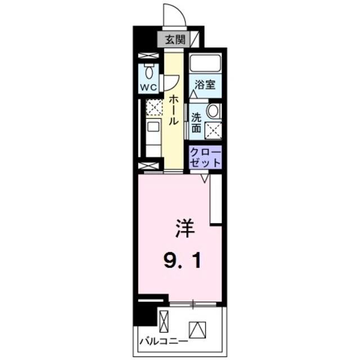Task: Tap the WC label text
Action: click(x=148, y=87)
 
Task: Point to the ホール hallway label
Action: click(x=174, y=110)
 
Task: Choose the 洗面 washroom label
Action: click(x=196, y=123)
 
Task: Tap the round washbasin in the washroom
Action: click(x=214, y=110)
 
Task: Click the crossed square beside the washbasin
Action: click(x=213, y=130)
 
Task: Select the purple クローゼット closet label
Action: click(x=205, y=156)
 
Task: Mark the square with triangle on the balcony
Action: click(x=197, y=328)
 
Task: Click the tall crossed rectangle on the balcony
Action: click(x=164, y=322)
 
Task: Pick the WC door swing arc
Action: click(x=168, y=82)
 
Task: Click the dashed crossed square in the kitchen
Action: click(x=154, y=107)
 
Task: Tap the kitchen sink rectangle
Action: click(x=154, y=127)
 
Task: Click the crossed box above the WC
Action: click(x=149, y=57)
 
